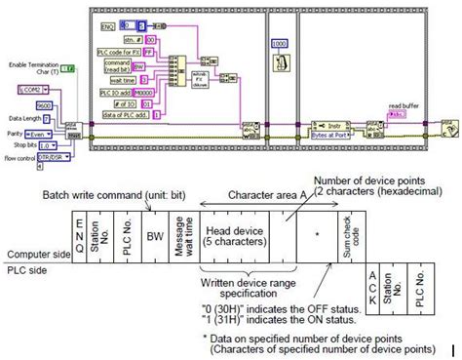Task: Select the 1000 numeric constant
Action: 278,45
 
